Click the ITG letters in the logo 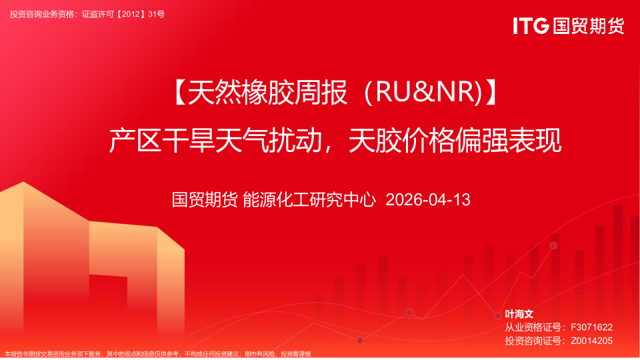click(x=531, y=26)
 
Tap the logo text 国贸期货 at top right click(x=588, y=26)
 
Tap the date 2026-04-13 click(x=428, y=199)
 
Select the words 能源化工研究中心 click(x=309, y=199)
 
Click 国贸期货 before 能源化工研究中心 click(x=205, y=199)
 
